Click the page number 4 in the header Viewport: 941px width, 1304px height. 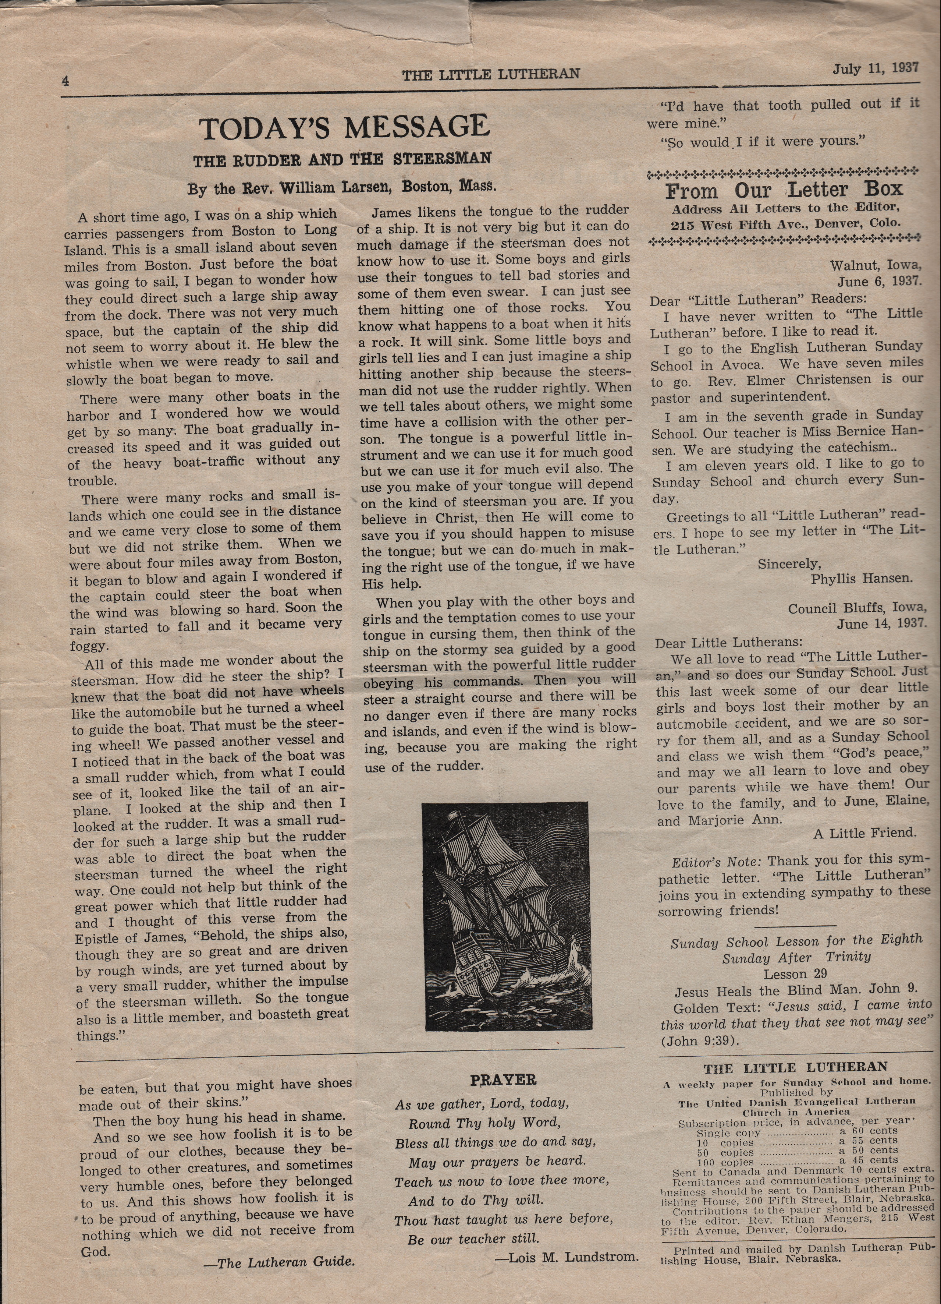pyautogui.click(x=65, y=81)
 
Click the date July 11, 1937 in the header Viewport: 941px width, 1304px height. pyautogui.click(x=876, y=69)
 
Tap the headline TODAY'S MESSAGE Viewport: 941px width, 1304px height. pyautogui.click(x=344, y=128)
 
